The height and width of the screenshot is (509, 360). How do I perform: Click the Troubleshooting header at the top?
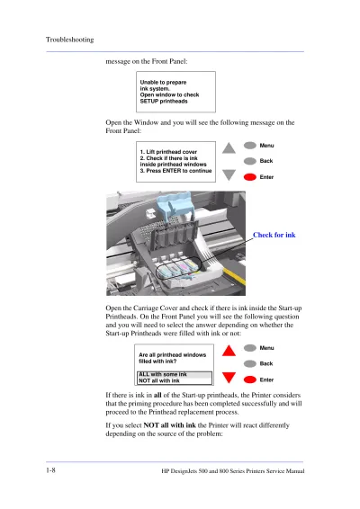tap(69, 40)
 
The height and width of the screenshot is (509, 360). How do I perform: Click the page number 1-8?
tap(50, 470)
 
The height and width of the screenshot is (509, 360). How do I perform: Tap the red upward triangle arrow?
tap(229, 350)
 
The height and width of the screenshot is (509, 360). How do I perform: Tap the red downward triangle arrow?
tap(229, 378)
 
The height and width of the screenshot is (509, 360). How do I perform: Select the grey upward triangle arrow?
tap(229, 147)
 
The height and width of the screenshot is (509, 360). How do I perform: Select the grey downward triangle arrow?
tap(229, 175)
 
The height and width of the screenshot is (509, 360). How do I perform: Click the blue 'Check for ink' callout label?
tap(274, 235)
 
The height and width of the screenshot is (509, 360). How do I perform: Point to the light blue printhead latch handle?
tap(173, 205)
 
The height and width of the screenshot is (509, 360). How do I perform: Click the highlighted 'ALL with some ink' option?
tap(163, 374)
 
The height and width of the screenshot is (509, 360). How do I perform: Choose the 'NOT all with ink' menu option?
tap(159, 380)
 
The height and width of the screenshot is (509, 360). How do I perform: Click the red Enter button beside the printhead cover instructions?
tap(250, 177)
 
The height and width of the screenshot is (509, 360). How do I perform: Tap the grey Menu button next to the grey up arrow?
tap(250, 146)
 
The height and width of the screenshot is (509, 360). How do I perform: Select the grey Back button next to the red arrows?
tap(250, 363)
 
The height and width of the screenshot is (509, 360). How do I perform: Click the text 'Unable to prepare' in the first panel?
tap(163, 82)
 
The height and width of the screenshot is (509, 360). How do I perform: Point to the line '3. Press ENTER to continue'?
tap(175, 171)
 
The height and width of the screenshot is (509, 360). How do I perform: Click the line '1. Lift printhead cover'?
tap(168, 152)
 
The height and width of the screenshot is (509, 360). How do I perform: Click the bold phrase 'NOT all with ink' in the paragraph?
tap(169, 425)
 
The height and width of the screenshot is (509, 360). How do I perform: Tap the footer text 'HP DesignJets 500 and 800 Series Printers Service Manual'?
tap(233, 471)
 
